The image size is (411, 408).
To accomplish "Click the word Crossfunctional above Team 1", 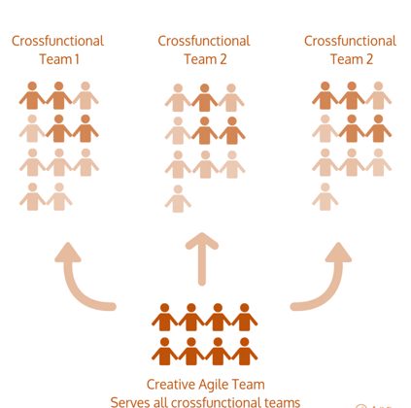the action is point(57,41).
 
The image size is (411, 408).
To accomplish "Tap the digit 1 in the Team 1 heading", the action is point(77,59).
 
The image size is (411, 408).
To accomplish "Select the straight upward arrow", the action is point(202,259).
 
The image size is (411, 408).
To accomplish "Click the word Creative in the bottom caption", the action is point(170,385).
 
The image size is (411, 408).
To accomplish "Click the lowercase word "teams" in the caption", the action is point(283,402).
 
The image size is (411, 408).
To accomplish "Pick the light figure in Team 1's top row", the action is point(86,95).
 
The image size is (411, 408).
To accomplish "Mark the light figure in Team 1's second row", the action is point(32,128).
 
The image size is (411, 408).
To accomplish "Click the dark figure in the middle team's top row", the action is point(204,97).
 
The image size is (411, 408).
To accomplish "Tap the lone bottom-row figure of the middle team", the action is point(178,198).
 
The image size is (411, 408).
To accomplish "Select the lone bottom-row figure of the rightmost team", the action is point(325,196).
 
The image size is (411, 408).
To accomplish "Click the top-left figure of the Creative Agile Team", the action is point(165,317).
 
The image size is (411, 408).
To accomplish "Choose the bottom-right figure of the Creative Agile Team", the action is point(245,352).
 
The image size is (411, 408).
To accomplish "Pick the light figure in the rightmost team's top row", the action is point(378,95).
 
